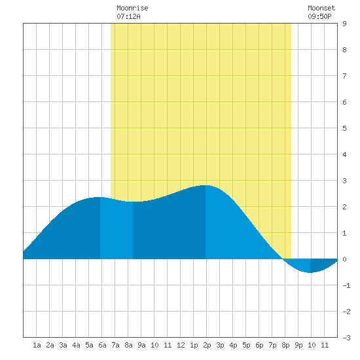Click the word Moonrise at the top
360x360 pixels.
tap(132, 8)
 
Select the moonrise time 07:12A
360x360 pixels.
tap(128, 16)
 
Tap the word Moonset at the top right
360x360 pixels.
tap(321, 8)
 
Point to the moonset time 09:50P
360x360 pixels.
tap(319, 16)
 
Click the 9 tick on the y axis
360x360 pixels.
tap(344, 24)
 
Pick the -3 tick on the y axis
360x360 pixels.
tap(346, 338)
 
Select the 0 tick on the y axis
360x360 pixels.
tap(344, 259)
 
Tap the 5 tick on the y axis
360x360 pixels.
tap(344, 128)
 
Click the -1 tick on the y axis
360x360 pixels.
tap(346, 285)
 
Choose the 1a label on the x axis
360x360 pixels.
tap(37, 345)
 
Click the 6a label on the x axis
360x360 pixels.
tap(102, 345)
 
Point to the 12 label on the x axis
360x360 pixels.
tap(181, 345)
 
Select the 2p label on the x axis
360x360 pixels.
tap(207, 345)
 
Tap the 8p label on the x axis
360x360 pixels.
tap(285, 345)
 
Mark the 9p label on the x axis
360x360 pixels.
tap(298, 345)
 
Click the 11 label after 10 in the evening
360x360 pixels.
tap(325, 345)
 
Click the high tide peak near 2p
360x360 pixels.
tap(206, 185)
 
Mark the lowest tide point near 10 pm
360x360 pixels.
tap(310, 272)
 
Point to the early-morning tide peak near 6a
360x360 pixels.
tap(100, 197)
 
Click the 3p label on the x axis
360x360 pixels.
tap(220, 345)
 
